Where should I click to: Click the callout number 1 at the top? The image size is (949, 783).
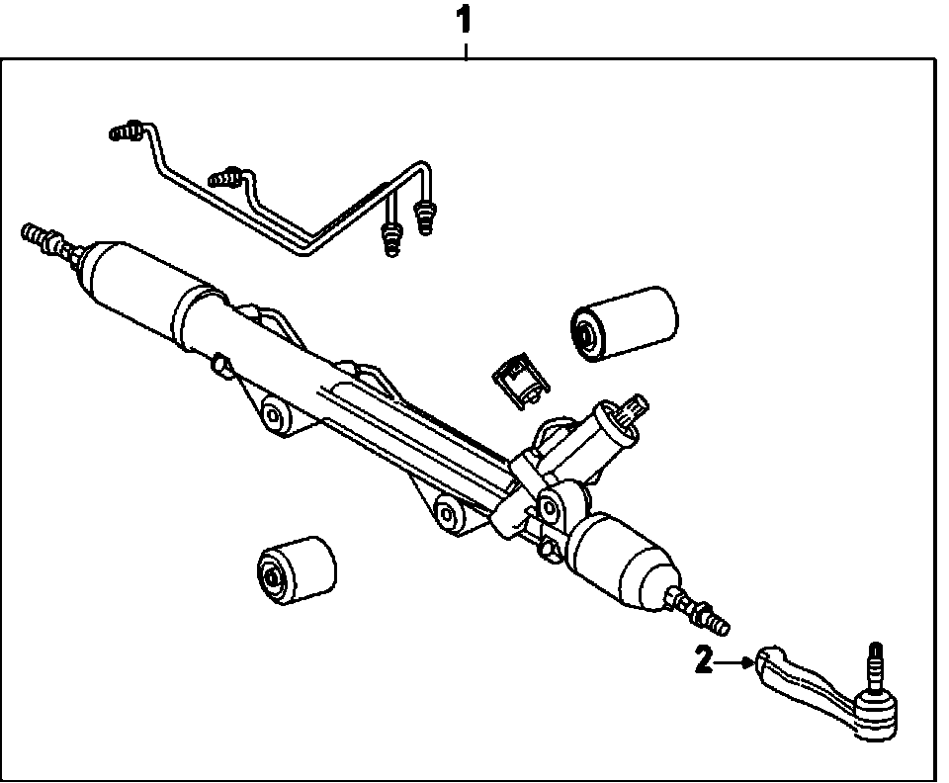[x=464, y=21]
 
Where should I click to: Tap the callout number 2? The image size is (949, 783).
[x=703, y=660]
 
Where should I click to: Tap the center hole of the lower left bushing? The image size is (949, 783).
[x=271, y=577]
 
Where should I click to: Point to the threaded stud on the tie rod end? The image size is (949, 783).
[x=874, y=664]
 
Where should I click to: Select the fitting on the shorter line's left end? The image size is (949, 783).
[x=225, y=178]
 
